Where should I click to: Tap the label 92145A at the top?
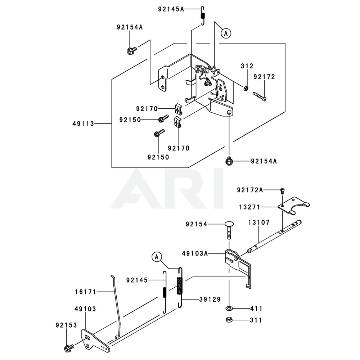[171, 9]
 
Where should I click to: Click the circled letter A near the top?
[226, 33]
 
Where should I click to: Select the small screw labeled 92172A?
[283, 190]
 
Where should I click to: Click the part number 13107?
[258, 223]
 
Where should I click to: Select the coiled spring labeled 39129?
[181, 287]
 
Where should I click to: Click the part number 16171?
[86, 292]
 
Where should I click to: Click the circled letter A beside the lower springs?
[156, 257]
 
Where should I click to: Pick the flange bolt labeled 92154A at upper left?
[131, 51]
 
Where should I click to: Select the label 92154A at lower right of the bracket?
[264, 161]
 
